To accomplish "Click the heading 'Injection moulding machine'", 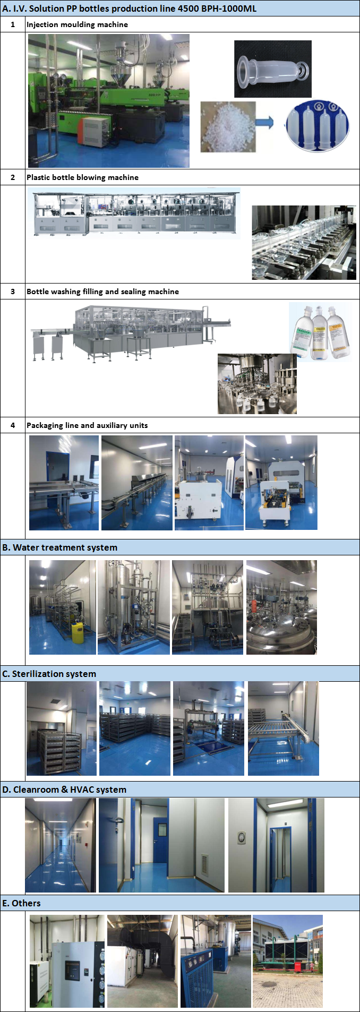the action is click(77, 24).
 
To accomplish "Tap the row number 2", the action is click(13, 177).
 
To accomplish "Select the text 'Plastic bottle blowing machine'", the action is click(82, 177).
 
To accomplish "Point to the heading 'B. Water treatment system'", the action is click(59, 547).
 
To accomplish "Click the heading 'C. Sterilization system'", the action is click(49, 674).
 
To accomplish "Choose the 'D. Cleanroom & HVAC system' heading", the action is click(64, 790).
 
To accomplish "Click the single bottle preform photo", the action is click(272, 68).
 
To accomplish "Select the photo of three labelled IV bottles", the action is click(320, 332).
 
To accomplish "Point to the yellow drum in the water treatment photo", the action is click(77, 633).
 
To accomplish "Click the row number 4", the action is click(13, 425).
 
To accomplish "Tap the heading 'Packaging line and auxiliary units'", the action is click(87, 425).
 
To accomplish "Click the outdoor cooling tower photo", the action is click(288, 961).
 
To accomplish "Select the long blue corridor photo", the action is click(60, 845).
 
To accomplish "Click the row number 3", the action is click(13, 291).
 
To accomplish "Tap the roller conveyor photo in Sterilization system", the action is click(284, 728).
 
